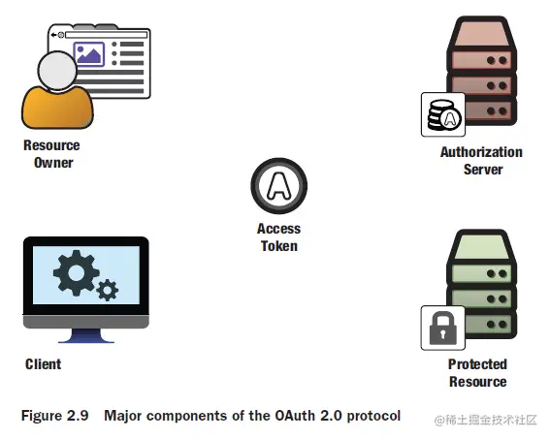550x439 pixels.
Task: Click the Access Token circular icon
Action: point(278,186)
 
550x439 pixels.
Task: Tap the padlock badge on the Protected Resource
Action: point(443,328)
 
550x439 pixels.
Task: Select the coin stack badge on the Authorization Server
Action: point(443,114)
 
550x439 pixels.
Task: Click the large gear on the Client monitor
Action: point(76,273)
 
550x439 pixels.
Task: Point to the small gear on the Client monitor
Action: point(108,290)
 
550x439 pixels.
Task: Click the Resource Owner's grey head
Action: point(57,71)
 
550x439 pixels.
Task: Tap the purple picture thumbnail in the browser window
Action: point(89,54)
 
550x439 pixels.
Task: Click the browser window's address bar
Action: point(107,35)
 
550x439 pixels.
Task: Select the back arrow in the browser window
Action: point(53,35)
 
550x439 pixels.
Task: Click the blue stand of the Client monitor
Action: point(86,335)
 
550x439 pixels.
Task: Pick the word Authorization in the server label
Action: point(481,152)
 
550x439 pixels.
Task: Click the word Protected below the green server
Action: point(477,364)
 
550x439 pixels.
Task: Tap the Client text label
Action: point(43,364)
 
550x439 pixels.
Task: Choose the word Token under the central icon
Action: point(279,246)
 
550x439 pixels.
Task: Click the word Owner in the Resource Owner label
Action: point(53,163)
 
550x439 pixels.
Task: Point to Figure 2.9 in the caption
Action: point(54,416)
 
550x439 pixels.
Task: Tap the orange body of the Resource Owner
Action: point(57,107)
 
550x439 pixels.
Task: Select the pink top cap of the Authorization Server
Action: point(481,32)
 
